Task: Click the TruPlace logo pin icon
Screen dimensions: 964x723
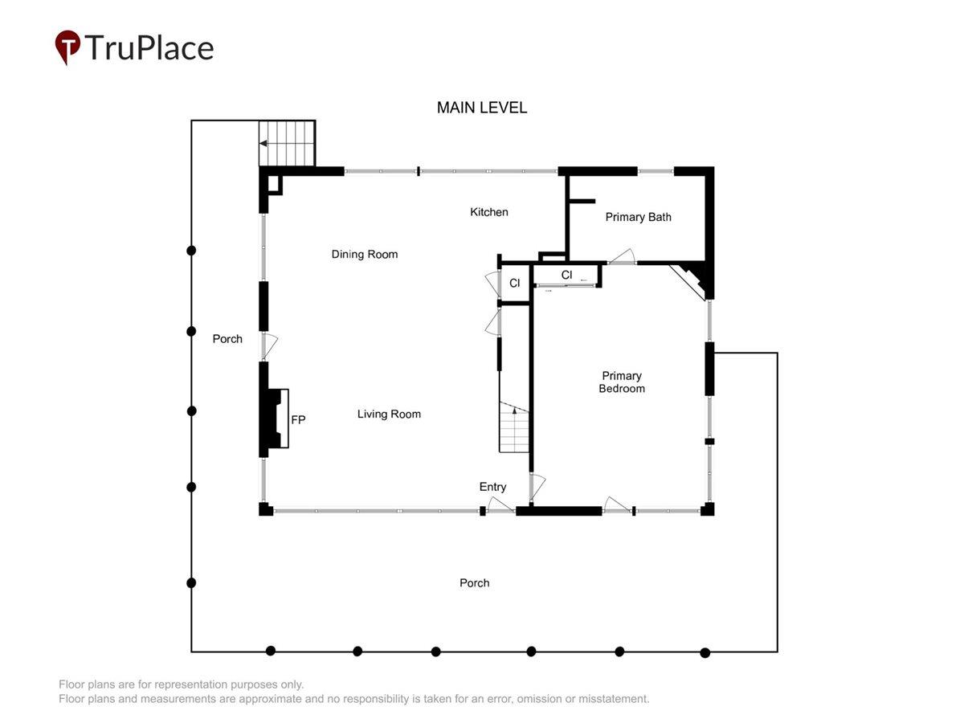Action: click(x=67, y=47)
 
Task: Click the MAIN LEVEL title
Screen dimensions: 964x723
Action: click(x=482, y=108)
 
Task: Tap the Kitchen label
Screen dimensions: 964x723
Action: click(x=488, y=212)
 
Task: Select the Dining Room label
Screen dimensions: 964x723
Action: click(x=365, y=255)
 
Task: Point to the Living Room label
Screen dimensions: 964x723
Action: click(x=389, y=414)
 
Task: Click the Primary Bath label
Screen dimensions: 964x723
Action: click(x=638, y=217)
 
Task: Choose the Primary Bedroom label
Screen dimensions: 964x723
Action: click(x=622, y=382)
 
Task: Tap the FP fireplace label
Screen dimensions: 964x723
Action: click(x=298, y=420)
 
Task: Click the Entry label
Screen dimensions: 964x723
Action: click(x=492, y=487)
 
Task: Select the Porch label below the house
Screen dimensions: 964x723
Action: click(x=474, y=583)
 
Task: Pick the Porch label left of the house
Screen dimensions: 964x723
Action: click(x=227, y=339)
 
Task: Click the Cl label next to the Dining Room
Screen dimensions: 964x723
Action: click(x=515, y=283)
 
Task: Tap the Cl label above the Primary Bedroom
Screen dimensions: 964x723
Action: click(x=566, y=275)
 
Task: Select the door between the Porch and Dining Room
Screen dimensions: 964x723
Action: click(x=270, y=347)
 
